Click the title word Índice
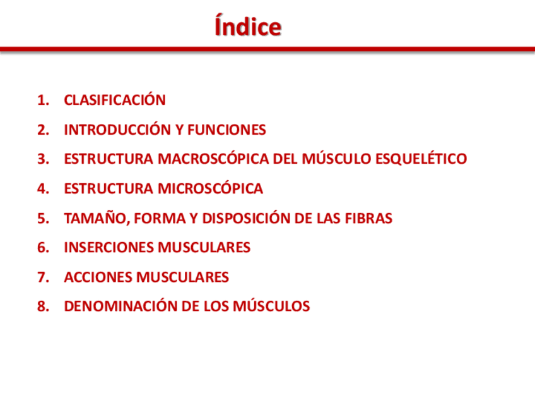pyautogui.click(x=248, y=25)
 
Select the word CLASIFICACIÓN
pyautogui.click(x=115, y=99)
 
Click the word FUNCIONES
pyautogui.click(x=226, y=130)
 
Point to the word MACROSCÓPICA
pyautogui.click(x=213, y=158)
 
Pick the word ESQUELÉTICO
pyautogui.click(x=421, y=158)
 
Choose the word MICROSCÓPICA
pyautogui.click(x=210, y=188)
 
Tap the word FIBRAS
pyautogui.click(x=368, y=219)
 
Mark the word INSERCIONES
pyautogui.click(x=109, y=248)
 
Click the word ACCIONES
pyautogui.click(x=98, y=277)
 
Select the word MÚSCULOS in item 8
pyautogui.click(x=271, y=305)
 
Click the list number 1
pyautogui.click(x=44, y=100)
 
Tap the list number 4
pyautogui.click(x=44, y=189)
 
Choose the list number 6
pyautogui.click(x=44, y=248)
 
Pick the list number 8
pyautogui.click(x=44, y=307)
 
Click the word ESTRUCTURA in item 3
pyautogui.click(x=109, y=159)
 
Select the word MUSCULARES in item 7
pyautogui.click(x=182, y=277)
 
